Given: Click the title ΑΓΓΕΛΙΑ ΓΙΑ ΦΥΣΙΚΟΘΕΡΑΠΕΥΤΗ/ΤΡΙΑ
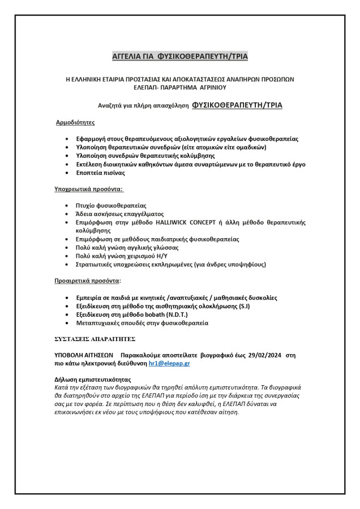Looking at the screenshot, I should pyautogui.click(x=180, y=56).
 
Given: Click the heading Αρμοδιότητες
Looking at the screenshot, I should pyautogui.click(x=75, y=122).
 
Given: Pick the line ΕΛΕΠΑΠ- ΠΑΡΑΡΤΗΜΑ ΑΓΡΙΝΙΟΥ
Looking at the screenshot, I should pyautogui.click(x=179, y=88).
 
